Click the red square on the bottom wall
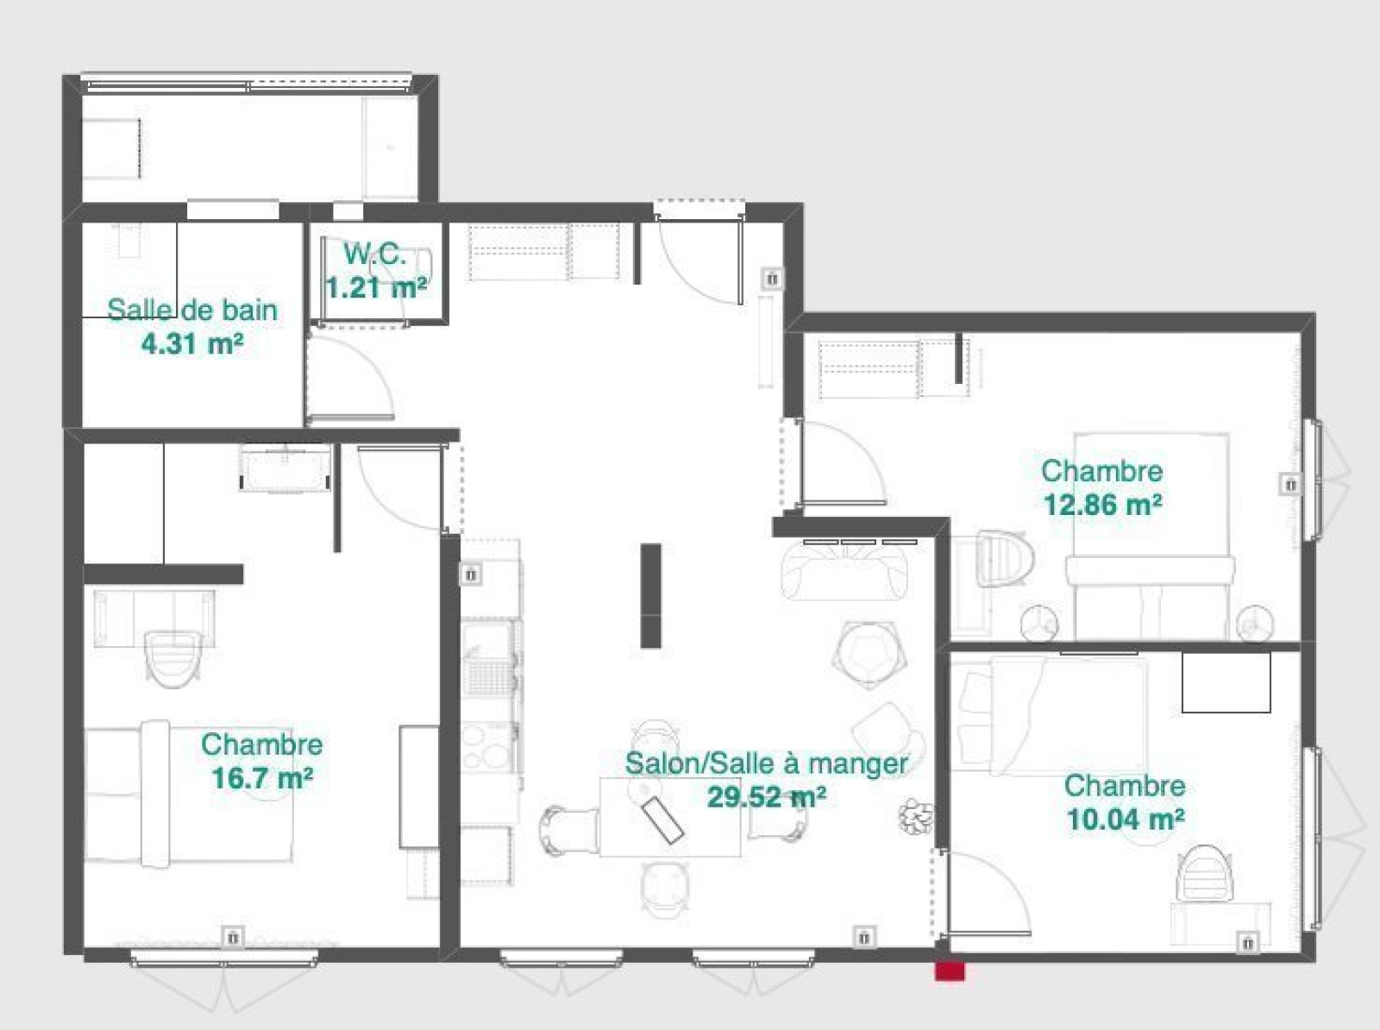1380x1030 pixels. pos(950,970)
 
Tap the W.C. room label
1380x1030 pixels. pos(375,254)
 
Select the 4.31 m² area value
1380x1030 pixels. pos(192,344)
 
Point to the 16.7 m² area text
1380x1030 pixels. pos(262,778)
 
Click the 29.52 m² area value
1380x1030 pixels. pos(767,797)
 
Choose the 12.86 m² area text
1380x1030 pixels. pos(1103,505)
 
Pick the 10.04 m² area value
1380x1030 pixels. pos(1126,820)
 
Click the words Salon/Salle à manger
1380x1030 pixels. pos(767,763)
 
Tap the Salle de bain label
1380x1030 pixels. pos(192,310)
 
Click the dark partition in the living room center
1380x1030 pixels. pos(650,595)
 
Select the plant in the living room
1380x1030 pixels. pos(915,817)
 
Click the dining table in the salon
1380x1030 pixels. pos(670,817)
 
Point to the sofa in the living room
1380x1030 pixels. pos(844,569)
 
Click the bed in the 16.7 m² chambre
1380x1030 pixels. pos(189,791)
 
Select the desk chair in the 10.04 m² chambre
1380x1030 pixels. pos(1204,873)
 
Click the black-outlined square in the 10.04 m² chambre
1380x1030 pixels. pos(1226,682)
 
